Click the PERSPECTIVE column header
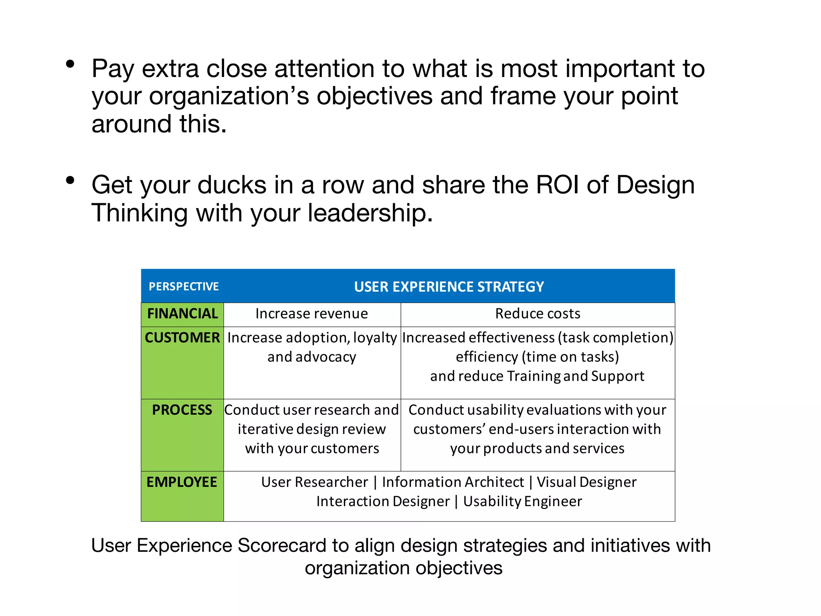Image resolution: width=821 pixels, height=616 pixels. (184, 286)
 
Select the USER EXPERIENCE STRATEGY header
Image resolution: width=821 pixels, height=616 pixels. (449, 287)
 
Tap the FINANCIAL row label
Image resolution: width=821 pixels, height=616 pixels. (182, 314)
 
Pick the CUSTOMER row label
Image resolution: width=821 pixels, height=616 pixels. (182, 338)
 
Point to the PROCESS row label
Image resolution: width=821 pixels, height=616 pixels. (182, 410)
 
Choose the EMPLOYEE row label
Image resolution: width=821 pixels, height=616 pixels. (182, 482)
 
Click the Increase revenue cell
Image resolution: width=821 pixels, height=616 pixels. (311, 314)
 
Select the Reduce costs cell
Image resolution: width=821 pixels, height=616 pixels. (538, 314)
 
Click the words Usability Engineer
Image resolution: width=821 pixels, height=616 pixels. (522, 501)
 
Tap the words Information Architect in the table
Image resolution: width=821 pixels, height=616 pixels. (453, 482)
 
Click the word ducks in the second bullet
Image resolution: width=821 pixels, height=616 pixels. (232, 185)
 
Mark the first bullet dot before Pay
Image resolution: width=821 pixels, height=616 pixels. (71, 64)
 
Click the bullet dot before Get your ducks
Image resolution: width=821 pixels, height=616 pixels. (71, 180)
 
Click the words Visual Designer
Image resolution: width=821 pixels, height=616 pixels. (586, 482)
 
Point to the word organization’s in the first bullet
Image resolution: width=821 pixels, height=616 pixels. (229, 96)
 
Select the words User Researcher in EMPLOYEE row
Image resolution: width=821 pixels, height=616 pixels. (315, 482)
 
